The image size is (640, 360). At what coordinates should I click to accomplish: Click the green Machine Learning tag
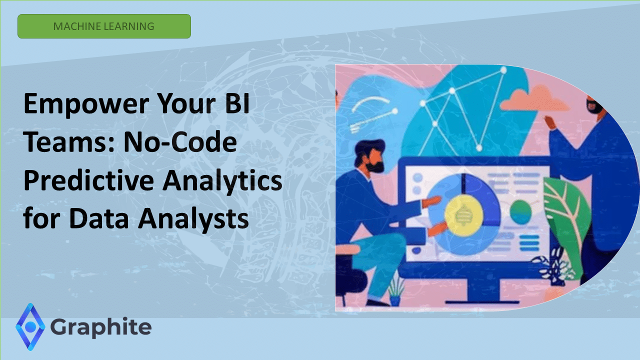[x=104, y=26]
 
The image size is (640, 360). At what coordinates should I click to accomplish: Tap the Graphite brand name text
[x=101, y=327]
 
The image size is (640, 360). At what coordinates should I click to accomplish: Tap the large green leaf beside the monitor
[x=567, y=210]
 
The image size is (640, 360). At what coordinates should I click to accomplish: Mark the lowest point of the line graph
[x=479, y=147]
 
